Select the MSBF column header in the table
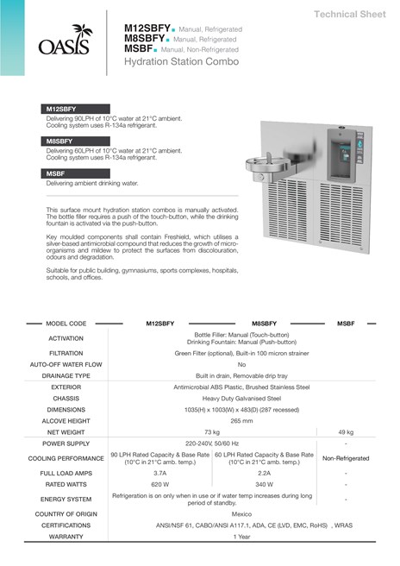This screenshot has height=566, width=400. coord(346,323)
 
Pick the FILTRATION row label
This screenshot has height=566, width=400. coord(66,353)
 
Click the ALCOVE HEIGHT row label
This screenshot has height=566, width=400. coord(66,420)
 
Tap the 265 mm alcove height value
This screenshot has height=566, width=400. coord(241,420)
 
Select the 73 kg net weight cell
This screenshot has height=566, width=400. coord(212,431)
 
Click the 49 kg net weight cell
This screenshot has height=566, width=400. coord(346,431)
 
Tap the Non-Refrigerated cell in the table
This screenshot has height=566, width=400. coord(346,458)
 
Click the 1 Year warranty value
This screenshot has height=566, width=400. coord(241,537)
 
